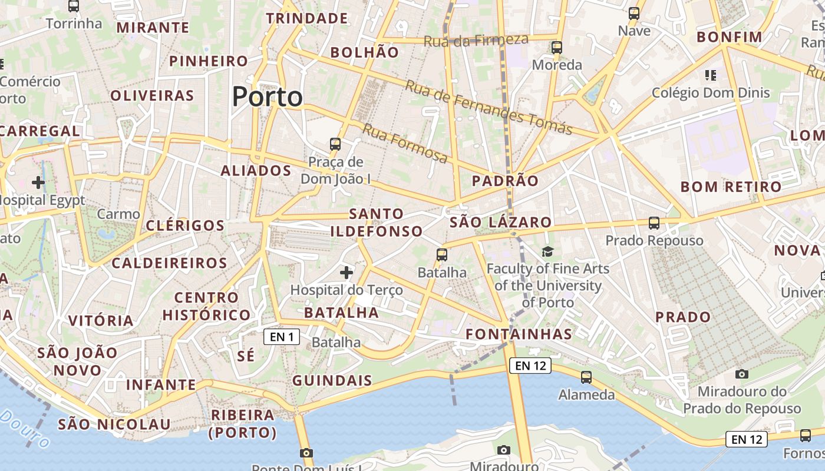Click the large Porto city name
click(x=268, y=97)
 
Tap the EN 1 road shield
click(x=282, y=337)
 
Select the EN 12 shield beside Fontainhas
click(x=530, y=366)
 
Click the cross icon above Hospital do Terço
click(x=346, y=273)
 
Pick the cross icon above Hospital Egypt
click(x=38, y=183)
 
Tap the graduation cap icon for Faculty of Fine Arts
click(x=548, y=252)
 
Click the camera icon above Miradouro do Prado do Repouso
click(x=742, y=374)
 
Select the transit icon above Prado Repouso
click(x=654, y=223)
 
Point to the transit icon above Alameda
click(x=586, y=377)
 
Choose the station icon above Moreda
click(x=557, y=48)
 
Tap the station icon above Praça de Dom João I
click(x=335, y=144)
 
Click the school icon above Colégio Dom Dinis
click(x=711, y=75)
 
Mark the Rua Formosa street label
click(x=405, y=143)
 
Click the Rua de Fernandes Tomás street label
click(x=489, y=107)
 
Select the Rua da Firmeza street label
click(x=476, y=40)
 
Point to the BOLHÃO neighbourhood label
click(x=364, y=52)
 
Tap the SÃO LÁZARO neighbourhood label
click(x=500, y=223)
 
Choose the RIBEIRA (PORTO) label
click(x=243, y=424)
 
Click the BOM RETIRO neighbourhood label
click(x=731, y=187)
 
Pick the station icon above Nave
click(x=634, y=14)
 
